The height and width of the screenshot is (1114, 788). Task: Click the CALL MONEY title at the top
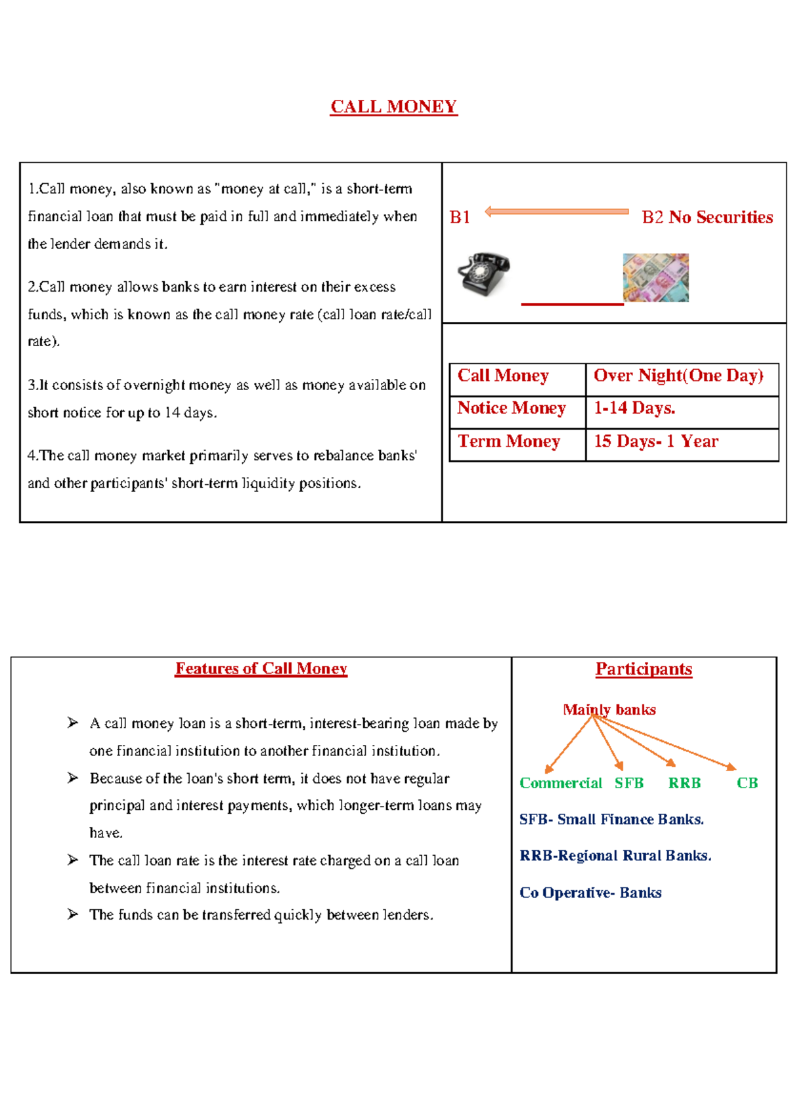click(x=393, y=106)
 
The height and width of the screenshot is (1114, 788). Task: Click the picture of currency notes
click(x=655, y=277)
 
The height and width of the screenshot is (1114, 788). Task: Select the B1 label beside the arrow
click(x=460, y=217)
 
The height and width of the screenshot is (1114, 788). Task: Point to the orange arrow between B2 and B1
click(x=557, y=212)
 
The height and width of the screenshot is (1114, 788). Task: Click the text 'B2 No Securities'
click(x=707, y=217)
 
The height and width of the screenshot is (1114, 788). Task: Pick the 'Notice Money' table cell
click(x=511, y=409)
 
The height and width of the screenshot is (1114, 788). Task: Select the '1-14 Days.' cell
click(x=634, y=409)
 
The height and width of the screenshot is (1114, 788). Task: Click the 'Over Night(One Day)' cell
click(x=678, y=376)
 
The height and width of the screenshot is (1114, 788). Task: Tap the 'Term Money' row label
click(x=509, y=441)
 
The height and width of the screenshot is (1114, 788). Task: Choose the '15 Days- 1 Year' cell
click(x=656, y=441)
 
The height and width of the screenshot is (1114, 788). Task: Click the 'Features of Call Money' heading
click(x=261, y=669)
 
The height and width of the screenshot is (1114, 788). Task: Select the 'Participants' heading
click(x=644, y=669)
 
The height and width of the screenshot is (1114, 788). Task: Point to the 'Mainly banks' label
click(x=609, y=709)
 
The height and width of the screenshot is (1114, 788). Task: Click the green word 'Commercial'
click(x=560, y=783)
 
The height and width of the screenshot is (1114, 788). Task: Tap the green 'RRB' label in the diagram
click(x=684, y=783)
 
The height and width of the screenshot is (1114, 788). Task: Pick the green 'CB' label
click(x=747, y=783)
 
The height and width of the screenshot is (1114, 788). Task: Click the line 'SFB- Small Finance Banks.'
click(x=611, y=820)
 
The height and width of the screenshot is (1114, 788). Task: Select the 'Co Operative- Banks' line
click(x=590, y=893)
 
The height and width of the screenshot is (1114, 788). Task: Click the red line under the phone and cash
click(x=572, y=304)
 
